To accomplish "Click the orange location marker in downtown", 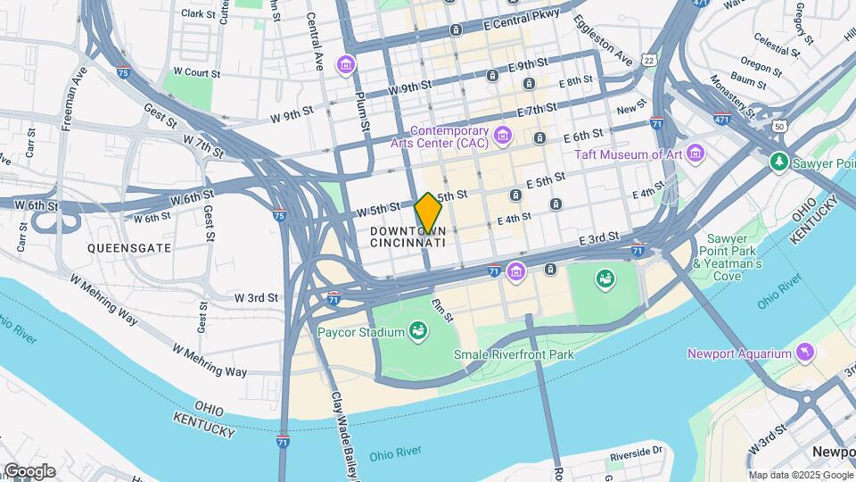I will [429, 213].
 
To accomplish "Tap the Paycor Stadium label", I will [361, 333].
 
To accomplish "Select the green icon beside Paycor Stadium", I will [417, 333].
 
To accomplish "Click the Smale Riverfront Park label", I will [513, 354].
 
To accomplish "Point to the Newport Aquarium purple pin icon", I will [806, 353].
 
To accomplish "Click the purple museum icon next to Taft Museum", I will [695, 154].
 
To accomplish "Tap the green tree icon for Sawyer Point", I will [779, 162].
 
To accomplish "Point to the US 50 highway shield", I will [779, 128].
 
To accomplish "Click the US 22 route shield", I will [649, 60].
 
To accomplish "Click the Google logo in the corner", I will [29, 471].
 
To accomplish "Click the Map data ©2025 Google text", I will [799, 475].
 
